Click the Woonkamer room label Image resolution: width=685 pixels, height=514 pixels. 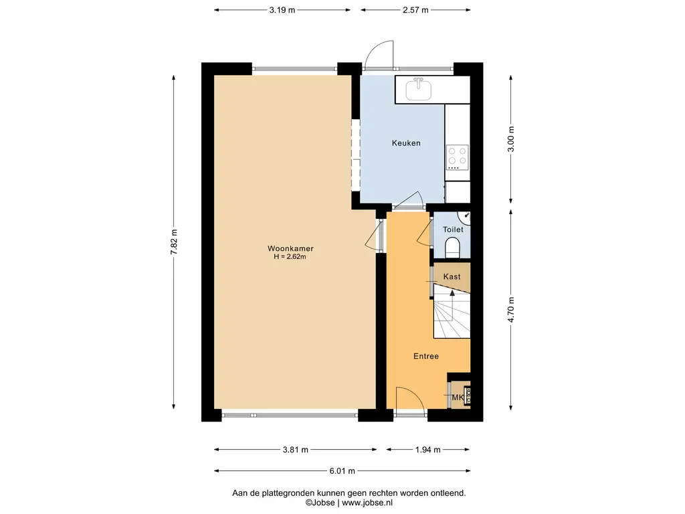290,248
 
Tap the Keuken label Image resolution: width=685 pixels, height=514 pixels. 406,143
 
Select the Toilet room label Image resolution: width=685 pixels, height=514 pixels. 453,230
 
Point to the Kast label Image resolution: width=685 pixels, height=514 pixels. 452,276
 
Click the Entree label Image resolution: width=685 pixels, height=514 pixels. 426,356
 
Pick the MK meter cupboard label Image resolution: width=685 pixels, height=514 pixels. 458,398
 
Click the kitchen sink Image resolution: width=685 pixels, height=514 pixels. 419,89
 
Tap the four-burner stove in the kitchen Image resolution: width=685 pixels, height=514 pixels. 458,157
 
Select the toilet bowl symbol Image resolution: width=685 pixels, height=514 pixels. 453,248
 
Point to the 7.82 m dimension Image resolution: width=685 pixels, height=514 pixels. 174,242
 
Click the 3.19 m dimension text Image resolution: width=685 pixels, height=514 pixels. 282,10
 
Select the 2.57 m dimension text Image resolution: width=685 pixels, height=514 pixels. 415,10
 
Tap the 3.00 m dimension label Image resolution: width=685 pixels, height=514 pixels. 510,139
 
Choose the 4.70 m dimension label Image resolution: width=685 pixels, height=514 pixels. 510,309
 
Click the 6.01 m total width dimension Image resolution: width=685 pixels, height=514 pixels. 342,471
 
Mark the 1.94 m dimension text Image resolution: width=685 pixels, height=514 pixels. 427,449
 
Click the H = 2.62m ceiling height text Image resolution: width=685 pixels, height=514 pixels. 290,256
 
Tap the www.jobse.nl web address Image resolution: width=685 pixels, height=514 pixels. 367,503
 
